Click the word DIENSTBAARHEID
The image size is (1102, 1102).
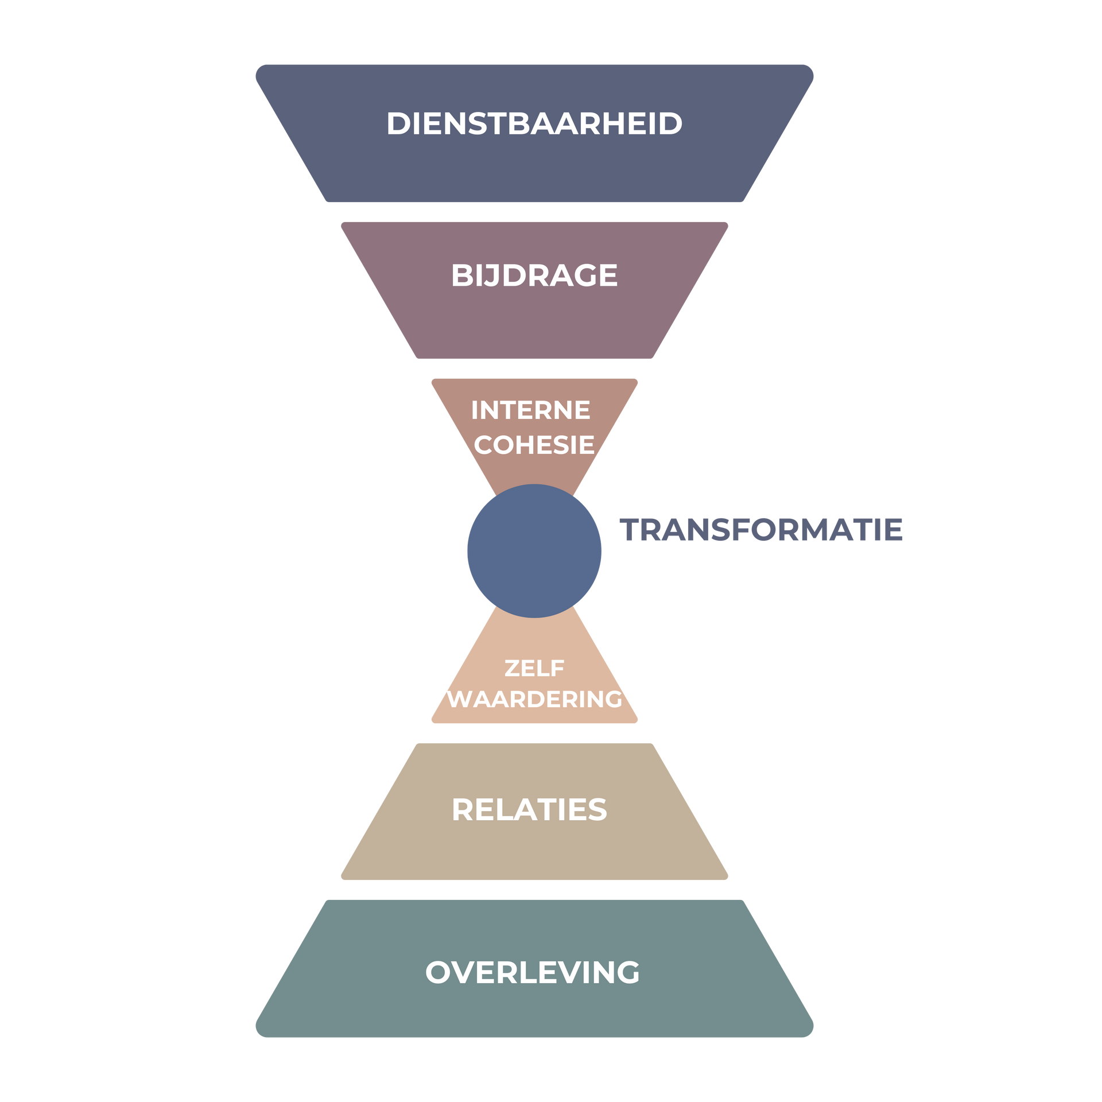coord(534,124)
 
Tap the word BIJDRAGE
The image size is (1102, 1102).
coord(534,275)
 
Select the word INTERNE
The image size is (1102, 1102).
coord(530,410)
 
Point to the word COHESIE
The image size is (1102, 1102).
coord(534,445)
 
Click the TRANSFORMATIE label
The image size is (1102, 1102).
coord(761,530)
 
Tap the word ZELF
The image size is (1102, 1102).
coord(534,668)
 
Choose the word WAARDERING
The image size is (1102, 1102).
coord(534,699)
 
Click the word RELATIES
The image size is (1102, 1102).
coord(529,810)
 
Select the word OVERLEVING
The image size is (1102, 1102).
coord(532,973)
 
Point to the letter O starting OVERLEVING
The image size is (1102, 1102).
coord(439,973)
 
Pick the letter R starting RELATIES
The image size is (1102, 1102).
coord(464,810)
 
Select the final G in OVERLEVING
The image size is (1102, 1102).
coord(626,973)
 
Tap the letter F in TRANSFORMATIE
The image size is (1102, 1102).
coord(743,530)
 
